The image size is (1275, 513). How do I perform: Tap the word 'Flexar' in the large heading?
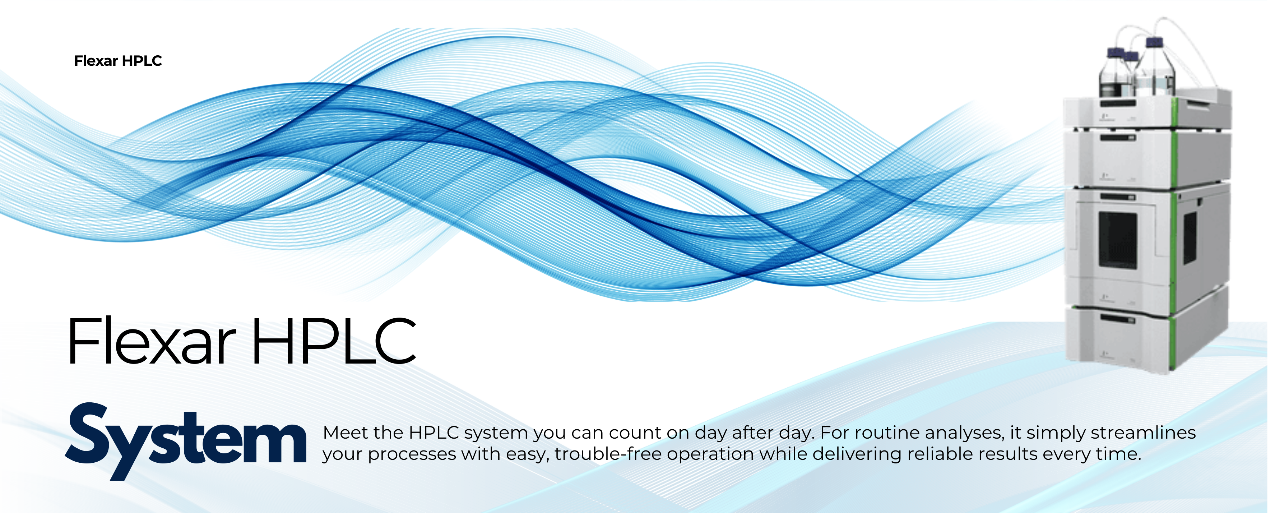(x=152, y=342)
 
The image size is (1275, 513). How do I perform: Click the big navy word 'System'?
(x=186, y=441)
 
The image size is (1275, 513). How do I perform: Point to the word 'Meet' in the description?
(x=346, y=433)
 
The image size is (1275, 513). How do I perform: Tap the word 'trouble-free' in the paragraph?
(x=608, y=454)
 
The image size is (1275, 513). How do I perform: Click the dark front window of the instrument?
(x=1118, y=240)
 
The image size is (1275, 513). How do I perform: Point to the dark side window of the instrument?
(x=1190, y=238)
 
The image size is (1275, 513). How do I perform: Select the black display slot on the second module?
(x=1118, y=138)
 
